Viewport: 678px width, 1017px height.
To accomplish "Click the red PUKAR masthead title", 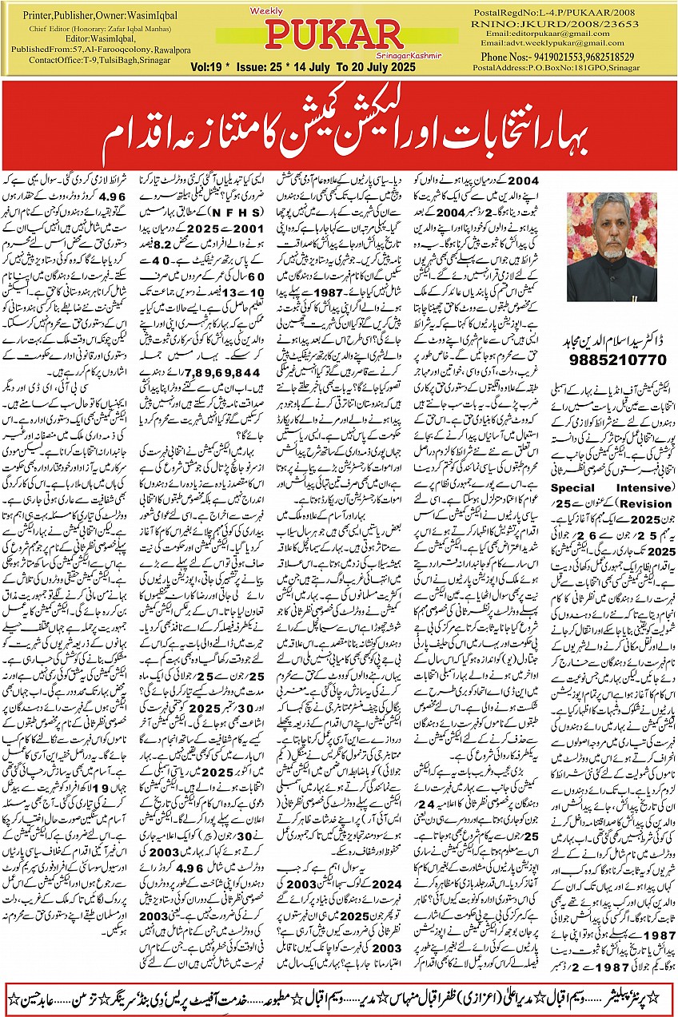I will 334,34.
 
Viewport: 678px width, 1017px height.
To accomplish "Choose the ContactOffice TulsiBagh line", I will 82,60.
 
